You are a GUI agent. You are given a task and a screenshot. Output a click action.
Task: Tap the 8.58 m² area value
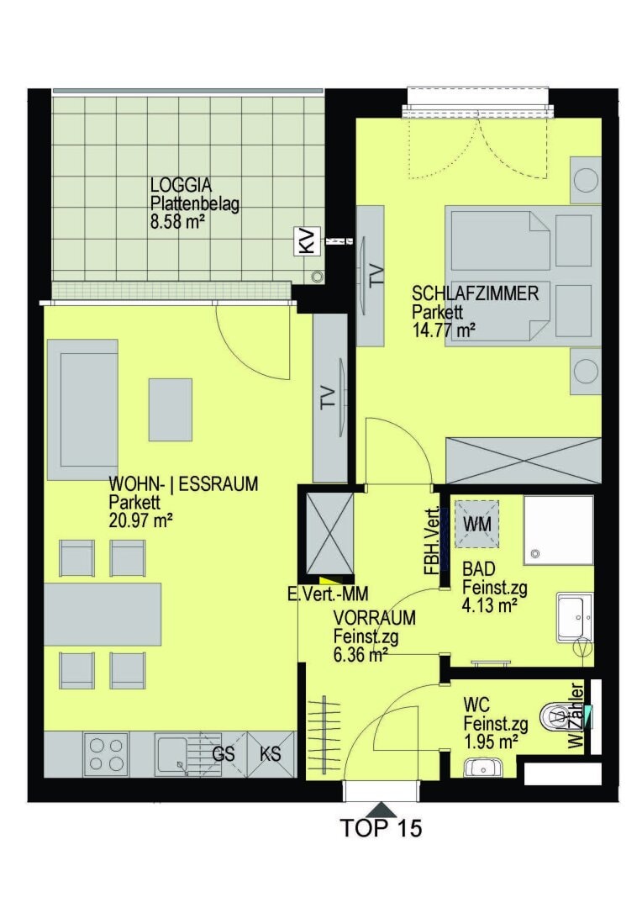point(178,222)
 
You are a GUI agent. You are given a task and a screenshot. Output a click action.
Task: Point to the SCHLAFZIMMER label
point(476,293)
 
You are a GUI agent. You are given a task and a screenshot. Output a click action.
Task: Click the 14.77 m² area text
point(444,330)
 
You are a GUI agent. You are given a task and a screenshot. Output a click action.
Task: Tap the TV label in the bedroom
point(376,277)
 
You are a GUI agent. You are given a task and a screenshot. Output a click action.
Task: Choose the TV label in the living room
point(328,398)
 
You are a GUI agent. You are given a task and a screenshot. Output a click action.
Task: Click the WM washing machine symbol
point(477,525)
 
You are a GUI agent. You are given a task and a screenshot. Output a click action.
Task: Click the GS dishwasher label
point(224,754)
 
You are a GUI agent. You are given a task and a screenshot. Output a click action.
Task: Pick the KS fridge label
point(271,753)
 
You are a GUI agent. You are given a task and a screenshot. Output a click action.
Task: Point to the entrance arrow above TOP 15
point(381,809)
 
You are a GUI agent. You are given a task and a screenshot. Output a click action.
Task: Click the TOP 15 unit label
point(381,828)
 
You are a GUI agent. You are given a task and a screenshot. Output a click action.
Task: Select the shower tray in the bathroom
point(559,530)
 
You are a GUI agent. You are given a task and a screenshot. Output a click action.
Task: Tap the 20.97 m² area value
point(141,520)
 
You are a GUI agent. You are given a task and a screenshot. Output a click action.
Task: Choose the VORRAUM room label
point(375,618)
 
